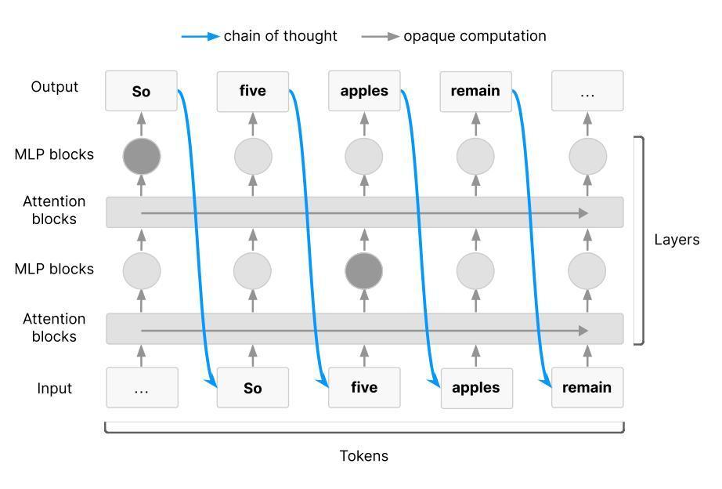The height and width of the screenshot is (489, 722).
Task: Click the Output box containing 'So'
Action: click(x=141, y=91)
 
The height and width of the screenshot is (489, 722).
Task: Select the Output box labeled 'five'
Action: click(x=252, y=91)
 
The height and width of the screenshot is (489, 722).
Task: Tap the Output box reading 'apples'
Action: click(x=364, y=91)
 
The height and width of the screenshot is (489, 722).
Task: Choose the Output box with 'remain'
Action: click(x=475, y=91)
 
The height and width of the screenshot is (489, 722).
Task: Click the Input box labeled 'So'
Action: click(x=252, y=388)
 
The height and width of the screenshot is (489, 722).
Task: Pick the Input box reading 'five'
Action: click(x=364, y=388)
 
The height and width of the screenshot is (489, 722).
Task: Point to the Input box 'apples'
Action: click(x=476, y=388)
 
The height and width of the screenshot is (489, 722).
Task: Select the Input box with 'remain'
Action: click(x=587, y=388)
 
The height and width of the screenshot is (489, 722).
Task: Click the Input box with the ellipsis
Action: click(x=142, y=388)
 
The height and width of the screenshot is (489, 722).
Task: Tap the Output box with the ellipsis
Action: click(x=587, y=91)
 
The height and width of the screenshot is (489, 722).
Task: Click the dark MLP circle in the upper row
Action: click(x=142, y=156)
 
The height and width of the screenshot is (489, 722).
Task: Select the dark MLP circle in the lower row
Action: click(x=364, y=271)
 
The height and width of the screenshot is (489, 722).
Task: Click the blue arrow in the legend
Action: click(x=200, y=36)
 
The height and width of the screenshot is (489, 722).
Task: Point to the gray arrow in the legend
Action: click(x=381, y=36)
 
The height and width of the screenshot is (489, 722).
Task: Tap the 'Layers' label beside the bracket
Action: click(x=677, y=239)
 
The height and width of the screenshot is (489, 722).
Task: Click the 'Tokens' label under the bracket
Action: click(x=363, y=456)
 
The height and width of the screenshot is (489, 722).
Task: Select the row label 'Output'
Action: click(x=55, y=87)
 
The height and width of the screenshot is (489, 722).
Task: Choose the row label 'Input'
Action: click(x=55, y=388)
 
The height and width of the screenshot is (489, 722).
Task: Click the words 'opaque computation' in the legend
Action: click(x=475, y=36)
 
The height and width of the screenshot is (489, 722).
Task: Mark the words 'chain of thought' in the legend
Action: click(x=280, y=36)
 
